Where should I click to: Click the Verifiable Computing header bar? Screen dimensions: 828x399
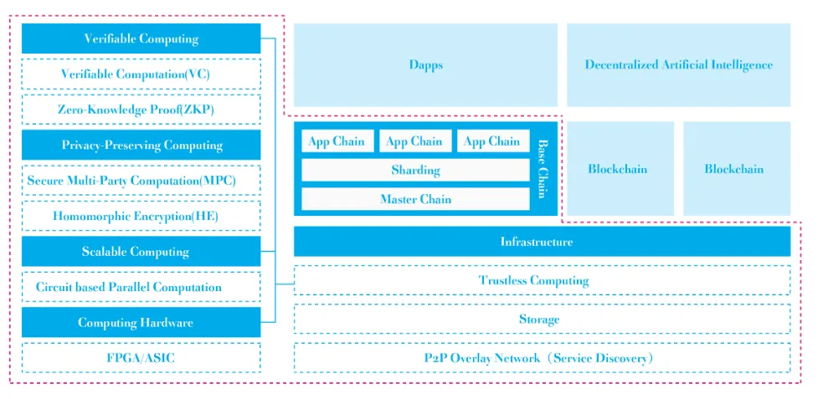click(141, 38)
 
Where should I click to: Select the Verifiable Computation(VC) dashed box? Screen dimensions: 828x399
click(141, 74)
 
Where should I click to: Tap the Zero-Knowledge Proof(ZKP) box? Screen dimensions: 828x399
click(141, 110)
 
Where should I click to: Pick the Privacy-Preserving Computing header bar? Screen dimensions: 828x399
click(141, 145)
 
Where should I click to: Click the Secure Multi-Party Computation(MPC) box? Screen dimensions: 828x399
click(141, 181)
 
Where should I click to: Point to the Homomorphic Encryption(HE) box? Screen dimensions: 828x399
click(141, 216)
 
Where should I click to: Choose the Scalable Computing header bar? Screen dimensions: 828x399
click(141, 251)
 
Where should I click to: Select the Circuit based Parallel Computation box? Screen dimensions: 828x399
click(141, 287)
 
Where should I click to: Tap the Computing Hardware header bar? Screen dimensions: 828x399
click(141, 322)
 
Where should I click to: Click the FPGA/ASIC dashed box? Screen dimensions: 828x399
click(141, 358)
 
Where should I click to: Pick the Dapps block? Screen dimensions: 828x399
click(425, 65)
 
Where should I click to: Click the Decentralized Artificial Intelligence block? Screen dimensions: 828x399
click(679, 65)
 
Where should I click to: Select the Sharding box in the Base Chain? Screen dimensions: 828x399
click(415, 170)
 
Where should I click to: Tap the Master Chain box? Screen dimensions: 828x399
click(415, 199)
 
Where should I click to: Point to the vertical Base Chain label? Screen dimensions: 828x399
click(542, 168)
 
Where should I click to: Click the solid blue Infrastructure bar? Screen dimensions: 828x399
click(543, 242)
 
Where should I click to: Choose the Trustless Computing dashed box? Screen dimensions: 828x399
click(543, 280)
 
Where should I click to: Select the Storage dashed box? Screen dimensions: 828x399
click(543, 319)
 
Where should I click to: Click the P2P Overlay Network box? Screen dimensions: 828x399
click(543, 358)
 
